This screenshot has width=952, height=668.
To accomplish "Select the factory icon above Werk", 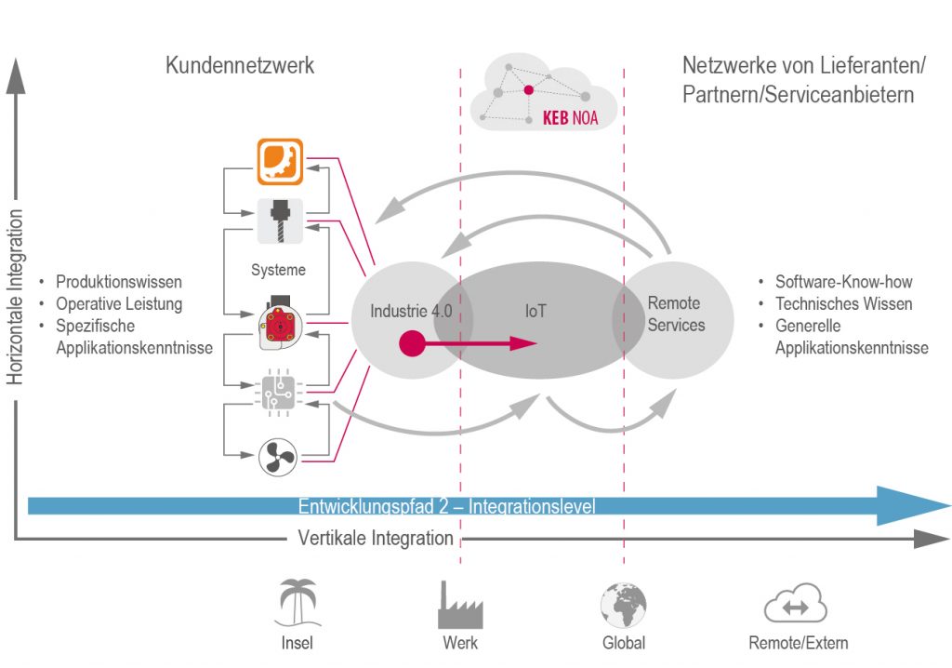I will tap(460, 606).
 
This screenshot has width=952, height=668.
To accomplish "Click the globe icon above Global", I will tap(623, 606).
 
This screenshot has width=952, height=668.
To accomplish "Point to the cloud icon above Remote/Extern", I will tap(796, 606).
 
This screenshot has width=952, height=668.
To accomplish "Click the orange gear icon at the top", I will tap(279, 162).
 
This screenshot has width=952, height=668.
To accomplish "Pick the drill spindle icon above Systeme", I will tap(279, 218).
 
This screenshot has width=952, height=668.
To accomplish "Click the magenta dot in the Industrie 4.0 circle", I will tap(410, 344).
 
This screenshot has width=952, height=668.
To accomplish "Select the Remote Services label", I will tap(676, 314).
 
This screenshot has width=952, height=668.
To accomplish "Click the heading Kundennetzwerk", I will tap(240, 66).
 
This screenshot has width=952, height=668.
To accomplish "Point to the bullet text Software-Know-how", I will tap(843, 282).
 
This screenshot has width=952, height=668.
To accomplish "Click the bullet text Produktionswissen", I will tap(119, 282).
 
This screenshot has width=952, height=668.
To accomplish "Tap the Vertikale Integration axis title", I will tap(376, 539).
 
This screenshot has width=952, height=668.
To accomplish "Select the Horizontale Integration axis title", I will tap(16, 297).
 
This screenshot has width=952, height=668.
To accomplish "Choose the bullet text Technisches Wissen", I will tap(843, 304).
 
